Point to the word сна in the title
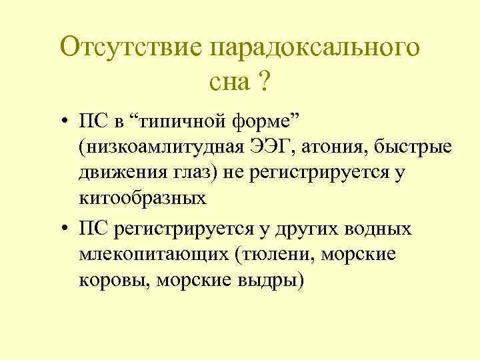point(229,83)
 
